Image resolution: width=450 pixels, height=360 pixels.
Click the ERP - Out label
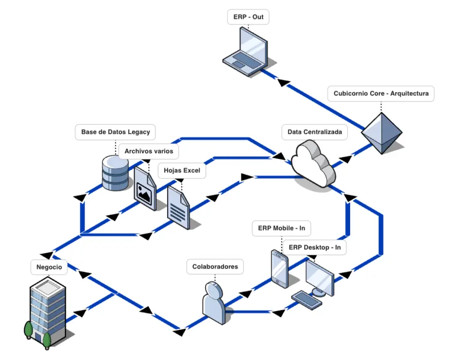(248, 17)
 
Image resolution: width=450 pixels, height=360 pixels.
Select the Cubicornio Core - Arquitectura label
(381, 93)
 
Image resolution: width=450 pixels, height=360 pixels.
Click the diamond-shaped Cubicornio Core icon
(381, 133)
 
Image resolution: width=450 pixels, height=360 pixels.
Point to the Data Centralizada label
(314, 132)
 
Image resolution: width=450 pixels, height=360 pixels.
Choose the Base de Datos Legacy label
(115, 132)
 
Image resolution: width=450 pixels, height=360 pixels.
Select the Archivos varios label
(148, 151)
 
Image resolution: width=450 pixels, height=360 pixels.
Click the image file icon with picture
(145, 186)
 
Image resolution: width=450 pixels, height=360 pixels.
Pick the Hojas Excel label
(182, 170)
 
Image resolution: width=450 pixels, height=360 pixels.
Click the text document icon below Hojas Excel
(178, 208)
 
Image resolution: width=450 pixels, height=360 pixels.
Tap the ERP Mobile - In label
(282, 229)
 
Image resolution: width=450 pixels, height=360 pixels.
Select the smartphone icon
(279, 268)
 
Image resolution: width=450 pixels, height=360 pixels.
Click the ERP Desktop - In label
(314, 247)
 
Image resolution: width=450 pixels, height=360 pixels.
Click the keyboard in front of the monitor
(306, 300)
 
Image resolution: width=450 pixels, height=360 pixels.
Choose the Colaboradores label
(215, 267)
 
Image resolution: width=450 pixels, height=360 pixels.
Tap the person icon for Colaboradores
(214, 301)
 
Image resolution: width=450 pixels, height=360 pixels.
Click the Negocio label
(49, 267)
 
